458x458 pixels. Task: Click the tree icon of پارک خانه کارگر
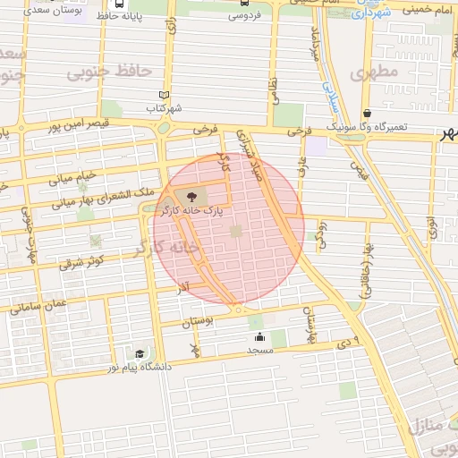tap(189, 196)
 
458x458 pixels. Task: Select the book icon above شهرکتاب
tap(163, 95)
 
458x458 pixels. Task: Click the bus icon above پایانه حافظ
tap(120, 4)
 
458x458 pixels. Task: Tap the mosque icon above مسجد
tap(259, 337)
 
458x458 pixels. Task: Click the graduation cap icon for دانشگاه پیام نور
tap(139, 354)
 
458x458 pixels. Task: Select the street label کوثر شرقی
tap(82, 262)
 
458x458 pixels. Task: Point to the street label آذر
tap(182, 288)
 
